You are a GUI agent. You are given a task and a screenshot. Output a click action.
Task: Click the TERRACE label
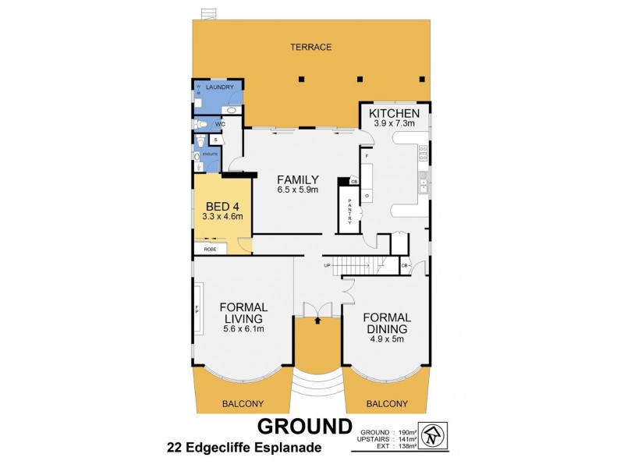tap(311, 48)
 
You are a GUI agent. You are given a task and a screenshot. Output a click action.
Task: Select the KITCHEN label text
tap(395, 113)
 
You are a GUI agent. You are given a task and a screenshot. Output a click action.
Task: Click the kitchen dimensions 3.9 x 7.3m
tap(395, 123)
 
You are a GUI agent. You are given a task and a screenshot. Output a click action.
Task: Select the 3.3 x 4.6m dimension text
tap(222, 216)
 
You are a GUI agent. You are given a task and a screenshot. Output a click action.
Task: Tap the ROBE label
tap(210, 250)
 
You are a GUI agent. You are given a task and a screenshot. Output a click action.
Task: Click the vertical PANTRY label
tap(350, 211)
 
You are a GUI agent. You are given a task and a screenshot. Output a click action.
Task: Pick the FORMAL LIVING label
tap(243, 313)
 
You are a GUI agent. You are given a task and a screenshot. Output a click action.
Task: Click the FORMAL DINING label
tap(387, 323)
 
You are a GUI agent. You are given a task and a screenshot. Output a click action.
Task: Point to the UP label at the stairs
tap(328, 266)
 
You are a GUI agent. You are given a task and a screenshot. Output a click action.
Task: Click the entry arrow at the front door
tap(318, 320)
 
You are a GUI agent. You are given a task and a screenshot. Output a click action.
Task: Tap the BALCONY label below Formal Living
tap(243, 403)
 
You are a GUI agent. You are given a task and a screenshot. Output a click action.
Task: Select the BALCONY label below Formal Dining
tap(387, 403)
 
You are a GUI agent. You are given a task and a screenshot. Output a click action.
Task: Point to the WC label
tap(220, 123)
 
